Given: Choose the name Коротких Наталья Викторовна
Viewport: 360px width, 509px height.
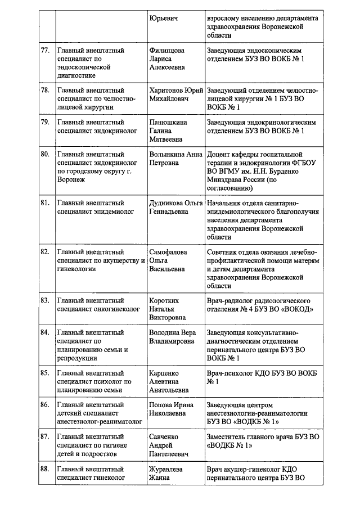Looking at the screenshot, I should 166,309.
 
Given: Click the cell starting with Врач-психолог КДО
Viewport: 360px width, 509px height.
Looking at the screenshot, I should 261,377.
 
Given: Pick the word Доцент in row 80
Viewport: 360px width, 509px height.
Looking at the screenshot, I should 220,154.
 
